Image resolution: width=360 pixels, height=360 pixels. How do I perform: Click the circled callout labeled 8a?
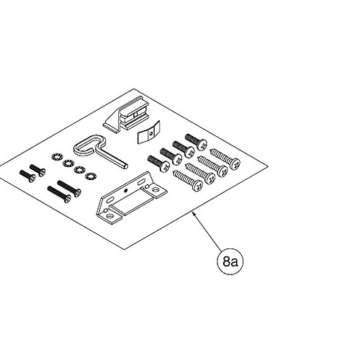coord(230,261)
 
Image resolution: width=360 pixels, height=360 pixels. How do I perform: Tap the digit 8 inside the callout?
coord(227,261)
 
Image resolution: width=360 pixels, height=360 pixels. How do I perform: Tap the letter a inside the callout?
coord(235,263)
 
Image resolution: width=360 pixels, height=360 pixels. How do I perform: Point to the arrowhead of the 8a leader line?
coord(194,214)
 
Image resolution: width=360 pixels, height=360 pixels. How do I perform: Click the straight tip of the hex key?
coord(126,166)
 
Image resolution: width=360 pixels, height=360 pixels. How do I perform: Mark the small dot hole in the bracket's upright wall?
coord(125,191)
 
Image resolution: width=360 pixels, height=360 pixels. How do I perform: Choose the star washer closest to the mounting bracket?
coord(91,176)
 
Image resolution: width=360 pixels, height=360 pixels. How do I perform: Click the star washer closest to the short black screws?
coord(56,158)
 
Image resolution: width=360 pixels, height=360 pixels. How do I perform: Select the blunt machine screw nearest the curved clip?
coord(196,142)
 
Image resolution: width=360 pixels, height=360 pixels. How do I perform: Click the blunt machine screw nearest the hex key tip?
coord(158,163)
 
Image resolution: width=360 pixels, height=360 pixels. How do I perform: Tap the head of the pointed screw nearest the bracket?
coord(198,186)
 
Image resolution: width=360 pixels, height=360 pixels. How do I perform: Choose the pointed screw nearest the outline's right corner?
coord(225,158)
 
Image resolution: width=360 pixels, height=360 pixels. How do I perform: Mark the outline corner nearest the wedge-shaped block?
coord(133,89)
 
